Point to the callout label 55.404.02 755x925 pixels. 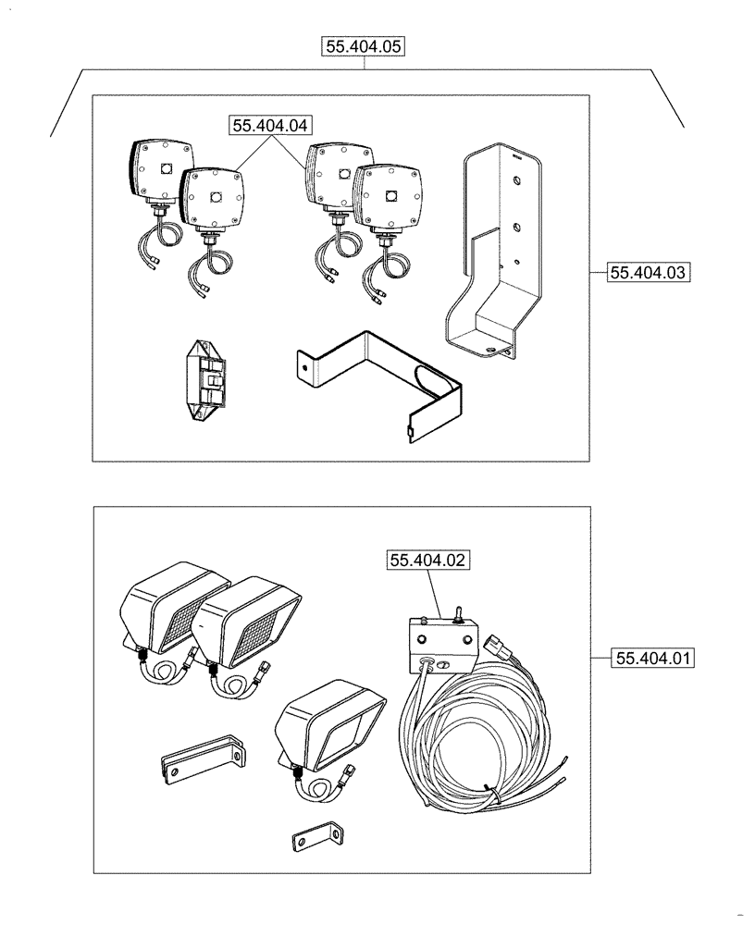[430, 561]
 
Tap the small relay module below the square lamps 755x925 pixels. [204, 379]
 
